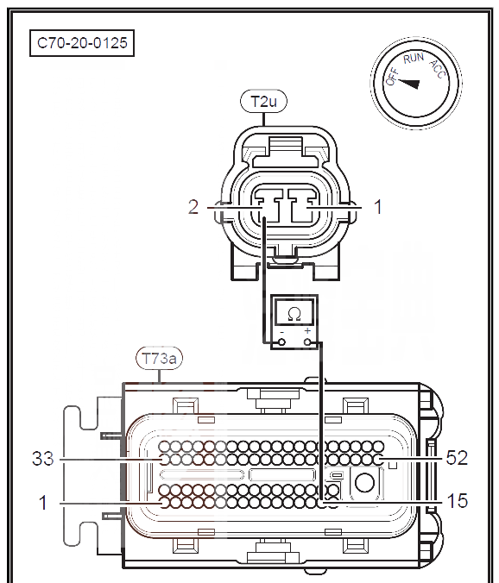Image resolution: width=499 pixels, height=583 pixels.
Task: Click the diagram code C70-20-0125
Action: pos(82,43)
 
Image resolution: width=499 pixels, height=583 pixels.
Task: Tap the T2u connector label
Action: pos(264,101)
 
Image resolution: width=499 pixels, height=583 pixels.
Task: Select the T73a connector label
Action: pos(159,359)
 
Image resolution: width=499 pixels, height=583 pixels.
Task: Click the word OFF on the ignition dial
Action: pos(392,77)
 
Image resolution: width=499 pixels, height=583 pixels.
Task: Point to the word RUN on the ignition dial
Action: pos(414,58)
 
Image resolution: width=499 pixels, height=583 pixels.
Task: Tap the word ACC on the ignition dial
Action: pos(438,69)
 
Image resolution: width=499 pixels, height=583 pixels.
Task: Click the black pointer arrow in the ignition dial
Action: pos(408,84)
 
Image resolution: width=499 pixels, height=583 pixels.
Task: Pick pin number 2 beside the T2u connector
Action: pos(193,207)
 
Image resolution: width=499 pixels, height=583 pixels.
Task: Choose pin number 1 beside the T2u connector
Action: pos(377,207)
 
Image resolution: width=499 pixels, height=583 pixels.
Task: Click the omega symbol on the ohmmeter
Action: pos(294,315)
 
